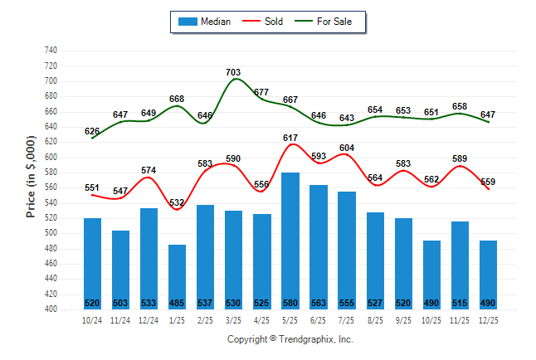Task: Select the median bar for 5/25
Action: [x=290, y=241]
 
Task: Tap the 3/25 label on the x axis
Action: [x=234, y=321]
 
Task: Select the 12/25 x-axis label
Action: [x=488, y=321]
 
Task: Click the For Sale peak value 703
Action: [x=234, y=73]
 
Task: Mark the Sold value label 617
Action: [x=290, y=138]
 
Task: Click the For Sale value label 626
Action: [x=92, y=131]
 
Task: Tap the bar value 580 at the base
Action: [x=290, y=302]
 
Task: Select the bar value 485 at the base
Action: [x=178, y=302]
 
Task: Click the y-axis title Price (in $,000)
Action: [x=31, y=178]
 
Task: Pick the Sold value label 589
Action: [x=460, y=159]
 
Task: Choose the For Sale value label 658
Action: [x=460, y=106]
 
